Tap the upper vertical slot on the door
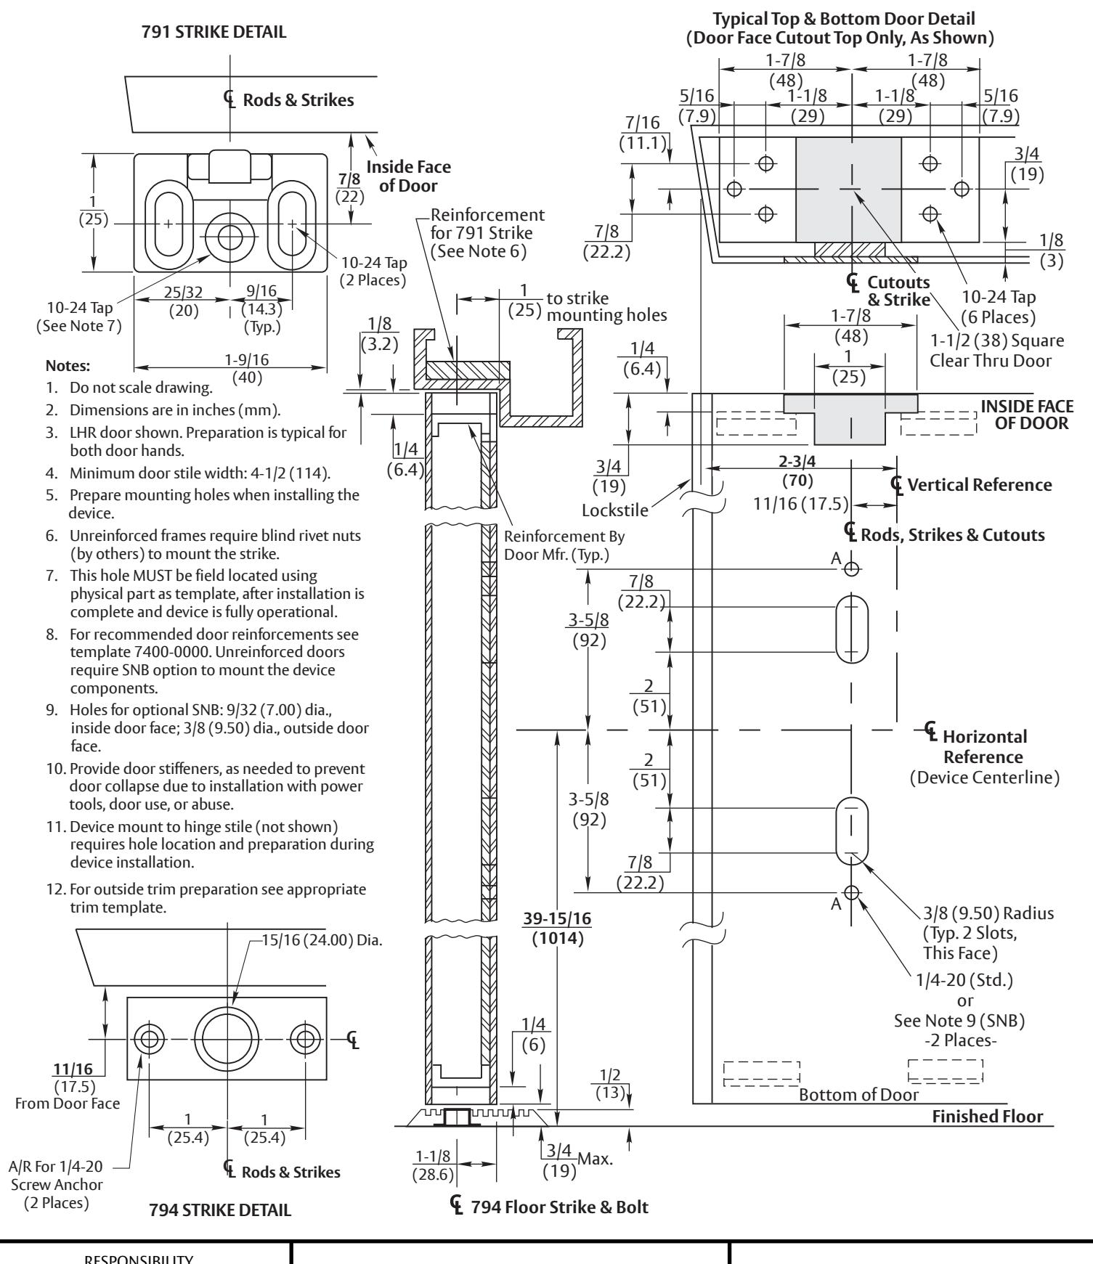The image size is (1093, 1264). (852, 629)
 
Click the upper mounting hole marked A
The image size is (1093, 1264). (852, 569)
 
